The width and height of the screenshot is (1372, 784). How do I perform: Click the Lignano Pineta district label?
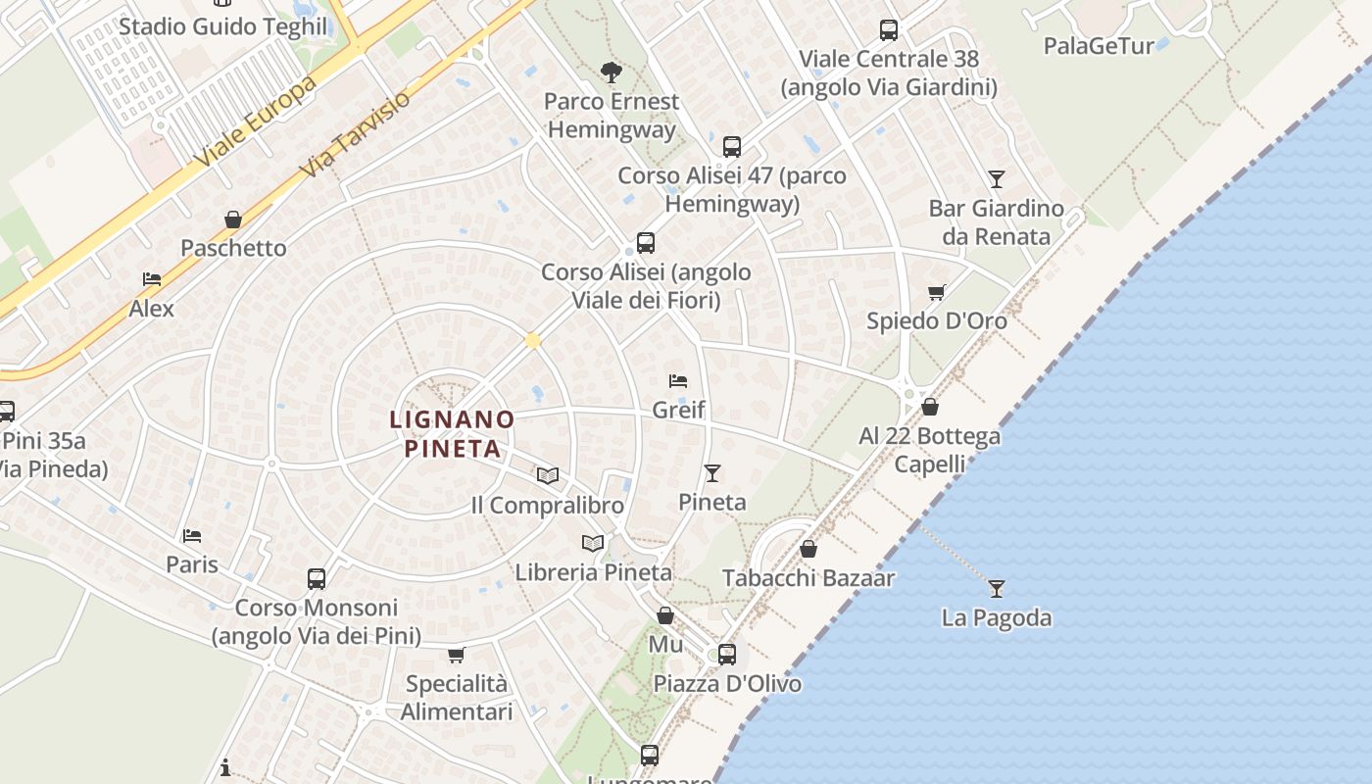tap(452, 434)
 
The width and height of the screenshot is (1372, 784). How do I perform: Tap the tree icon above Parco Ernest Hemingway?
tap(612, 72)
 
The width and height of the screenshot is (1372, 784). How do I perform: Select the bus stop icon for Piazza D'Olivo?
tap(726, 654)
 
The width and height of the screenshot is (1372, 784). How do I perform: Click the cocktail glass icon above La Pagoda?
tap(997, 588)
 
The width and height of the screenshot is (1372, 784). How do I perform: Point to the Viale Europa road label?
tap(256, 121)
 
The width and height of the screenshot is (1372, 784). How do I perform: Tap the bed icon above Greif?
tap(678, 380)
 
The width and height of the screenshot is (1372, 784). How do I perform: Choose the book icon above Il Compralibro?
tap(547, 475)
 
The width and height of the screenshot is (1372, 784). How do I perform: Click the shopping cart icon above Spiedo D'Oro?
tap(937, 292)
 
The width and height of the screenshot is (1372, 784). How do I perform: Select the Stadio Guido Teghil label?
tap(222, 25)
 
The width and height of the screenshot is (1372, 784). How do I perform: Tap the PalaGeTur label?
tap(1099, 46)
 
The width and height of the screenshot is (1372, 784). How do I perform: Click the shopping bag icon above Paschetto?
tap(233, 220)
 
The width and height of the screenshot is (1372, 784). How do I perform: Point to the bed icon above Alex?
tap(152, 279)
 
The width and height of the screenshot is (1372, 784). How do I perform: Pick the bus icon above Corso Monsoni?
tap(317, 578)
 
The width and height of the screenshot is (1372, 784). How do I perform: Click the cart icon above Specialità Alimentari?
tap(456, 655)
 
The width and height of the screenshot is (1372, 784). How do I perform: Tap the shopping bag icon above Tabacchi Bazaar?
tap(808, 549)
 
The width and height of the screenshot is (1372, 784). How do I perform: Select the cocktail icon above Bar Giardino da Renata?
tap(997, 179)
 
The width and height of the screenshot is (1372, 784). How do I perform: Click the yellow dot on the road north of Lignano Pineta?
tap(533, 341)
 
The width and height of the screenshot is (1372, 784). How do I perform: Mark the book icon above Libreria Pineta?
tap(593, 543)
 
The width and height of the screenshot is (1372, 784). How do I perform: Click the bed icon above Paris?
tap(192, 535)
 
